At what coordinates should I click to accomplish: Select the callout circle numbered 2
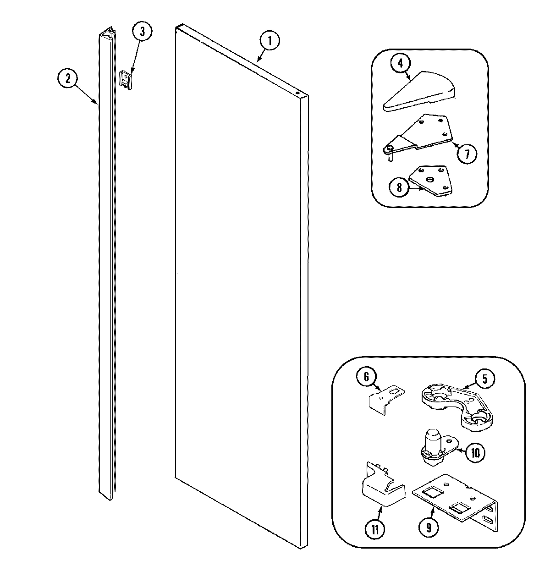coord(68,78)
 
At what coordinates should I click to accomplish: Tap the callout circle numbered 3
coord(142,32)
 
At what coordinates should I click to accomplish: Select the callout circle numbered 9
coord(428,528)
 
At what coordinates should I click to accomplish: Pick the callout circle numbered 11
coord(375,530)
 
